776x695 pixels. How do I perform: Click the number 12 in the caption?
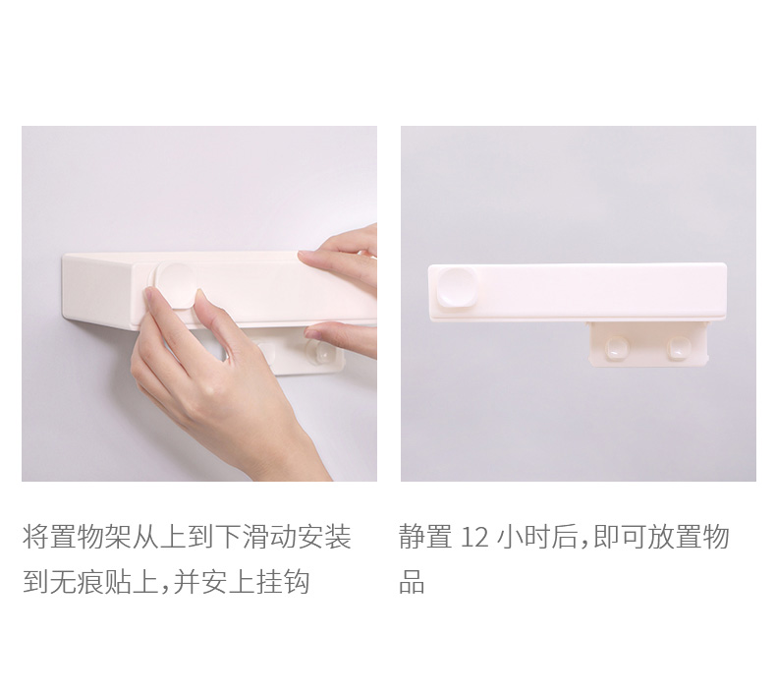[x=474, y=538]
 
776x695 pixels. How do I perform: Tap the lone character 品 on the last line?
[x=412, y=582]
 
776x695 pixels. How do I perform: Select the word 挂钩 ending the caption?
[x=283, y=582]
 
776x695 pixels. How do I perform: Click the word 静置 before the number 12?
[x=425, y=537]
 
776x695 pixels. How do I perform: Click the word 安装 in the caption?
[x=324, y=537]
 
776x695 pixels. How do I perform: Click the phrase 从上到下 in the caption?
[x=187, y=537]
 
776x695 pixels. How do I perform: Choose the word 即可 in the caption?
[x=618, y=537]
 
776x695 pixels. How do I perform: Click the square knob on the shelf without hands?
[x=457, y=287]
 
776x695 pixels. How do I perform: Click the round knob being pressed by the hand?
[x=176, y=284]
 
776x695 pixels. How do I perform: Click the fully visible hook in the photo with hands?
[x=320, y=352]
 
